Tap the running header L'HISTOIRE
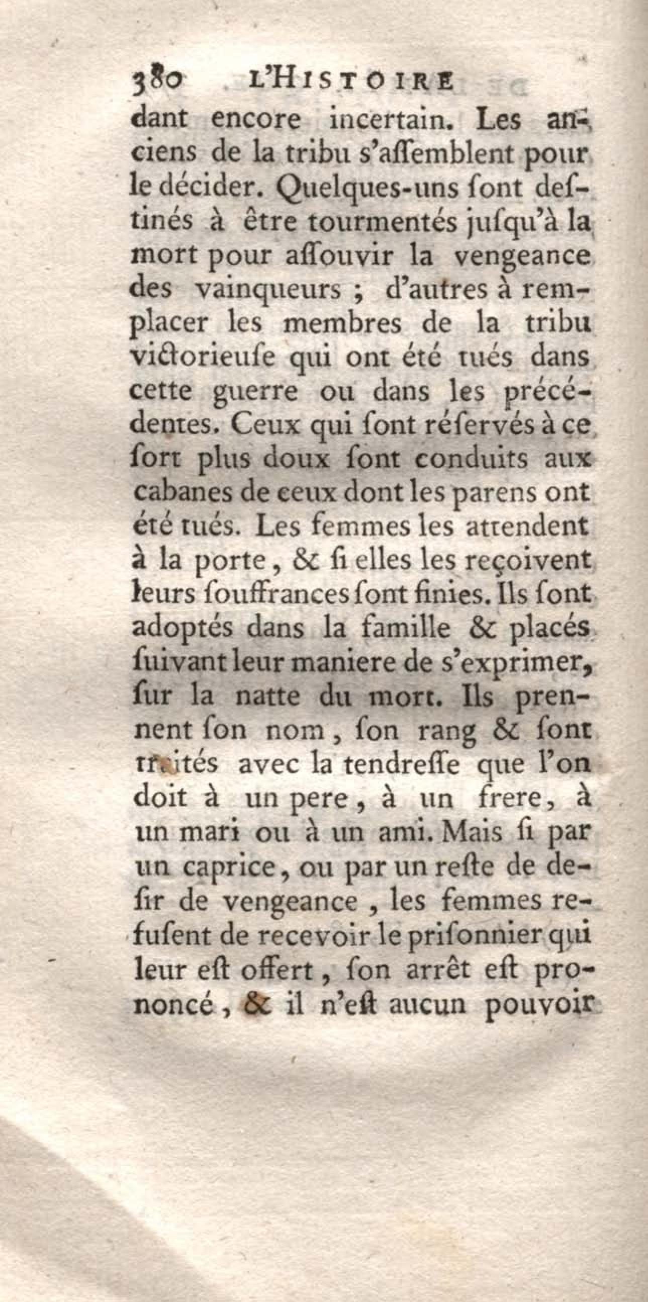pos(350,81)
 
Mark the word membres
pos(343,323)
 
